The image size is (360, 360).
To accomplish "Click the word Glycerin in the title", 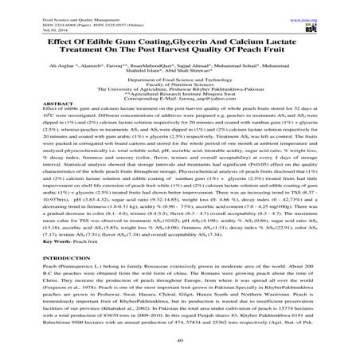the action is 182,40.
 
